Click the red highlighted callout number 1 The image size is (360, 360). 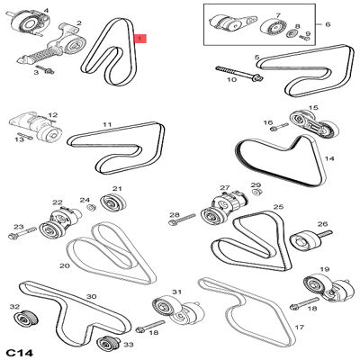pyautogui.click(x=138, y=39)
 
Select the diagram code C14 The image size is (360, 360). pyautogui.click(x=20, y=348)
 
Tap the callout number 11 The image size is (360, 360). pyautogui.click(x=107, y=124)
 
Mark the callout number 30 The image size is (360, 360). pyautogui.click(x=90, y=296)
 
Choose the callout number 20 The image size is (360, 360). pyautogui.click(x=64, y=265)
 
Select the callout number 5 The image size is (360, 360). pyautogui.click(x=258, y=58)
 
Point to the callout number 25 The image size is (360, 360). pyautogui.click(x=278, y=207)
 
